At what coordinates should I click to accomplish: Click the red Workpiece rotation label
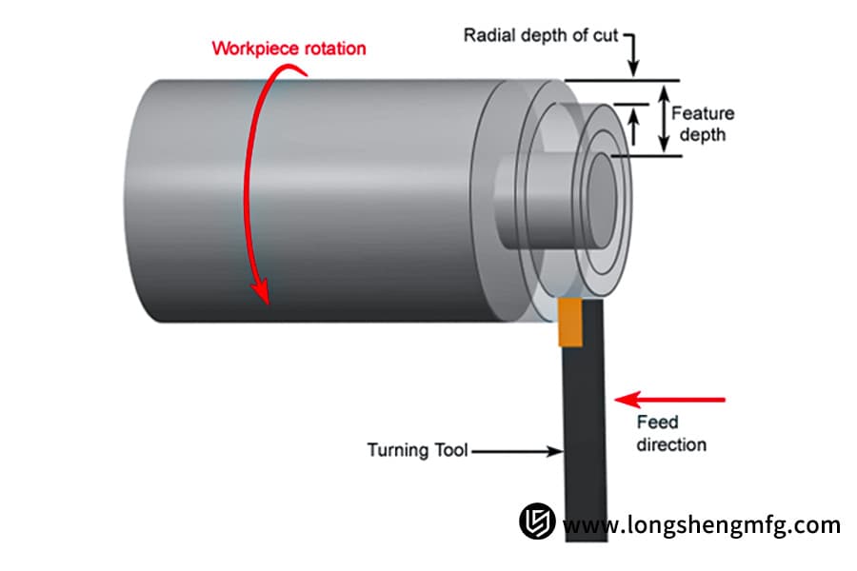(288, 48)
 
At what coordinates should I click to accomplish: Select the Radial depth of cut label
(541, 36)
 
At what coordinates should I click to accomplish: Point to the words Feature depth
(703, 124)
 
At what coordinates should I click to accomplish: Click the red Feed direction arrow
(670, 399)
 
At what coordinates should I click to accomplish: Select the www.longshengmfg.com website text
(702, 524)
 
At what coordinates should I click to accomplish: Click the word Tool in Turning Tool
(450, 450)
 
